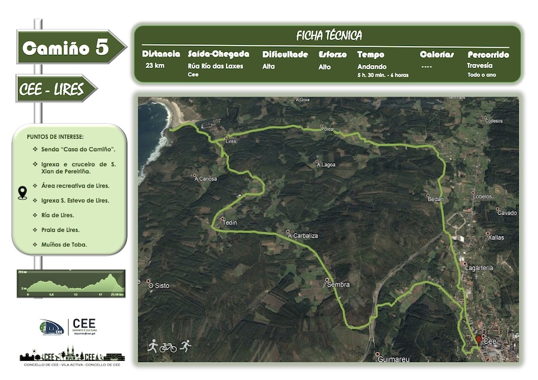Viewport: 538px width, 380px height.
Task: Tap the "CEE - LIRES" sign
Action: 51,88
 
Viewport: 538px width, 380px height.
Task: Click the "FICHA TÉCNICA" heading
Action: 329,36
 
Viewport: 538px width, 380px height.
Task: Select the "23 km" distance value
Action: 155,66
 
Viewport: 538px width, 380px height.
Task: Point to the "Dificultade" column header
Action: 285,54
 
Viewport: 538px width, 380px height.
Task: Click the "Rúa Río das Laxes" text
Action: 215,66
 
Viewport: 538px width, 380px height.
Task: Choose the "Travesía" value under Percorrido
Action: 480,66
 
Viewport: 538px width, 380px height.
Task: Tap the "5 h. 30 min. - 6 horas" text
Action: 383,75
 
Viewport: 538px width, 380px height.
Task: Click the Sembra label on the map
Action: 338,284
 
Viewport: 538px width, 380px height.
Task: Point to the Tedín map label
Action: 230,223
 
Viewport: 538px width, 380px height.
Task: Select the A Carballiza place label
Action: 302,235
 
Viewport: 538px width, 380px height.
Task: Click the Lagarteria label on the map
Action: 479,268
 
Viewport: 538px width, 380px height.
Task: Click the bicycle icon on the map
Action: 169,347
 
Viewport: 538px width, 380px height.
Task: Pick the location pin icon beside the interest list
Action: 23,192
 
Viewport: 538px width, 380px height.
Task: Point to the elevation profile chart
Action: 71,284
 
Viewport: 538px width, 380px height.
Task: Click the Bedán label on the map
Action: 434,198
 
